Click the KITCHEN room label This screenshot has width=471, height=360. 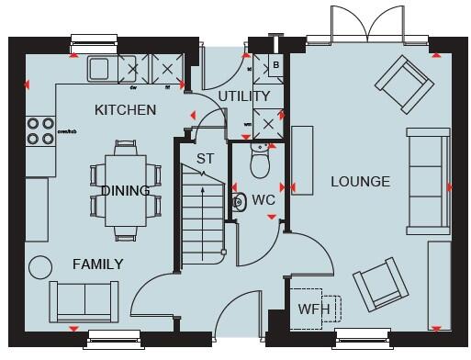pos(126,110)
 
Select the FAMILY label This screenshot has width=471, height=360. pos(97,264)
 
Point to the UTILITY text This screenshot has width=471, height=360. pos(244,96)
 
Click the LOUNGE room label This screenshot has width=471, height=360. pos(360,182)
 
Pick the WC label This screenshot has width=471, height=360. pos(264,199)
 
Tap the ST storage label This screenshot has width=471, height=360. pos(206,159)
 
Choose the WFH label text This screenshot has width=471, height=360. pos(313,309)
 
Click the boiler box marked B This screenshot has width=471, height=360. pos(275,66)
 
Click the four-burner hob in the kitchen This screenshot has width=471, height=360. pos(39,130)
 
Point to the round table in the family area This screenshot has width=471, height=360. pos(40,266)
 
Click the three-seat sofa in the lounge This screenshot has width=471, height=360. pos(428,188)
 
